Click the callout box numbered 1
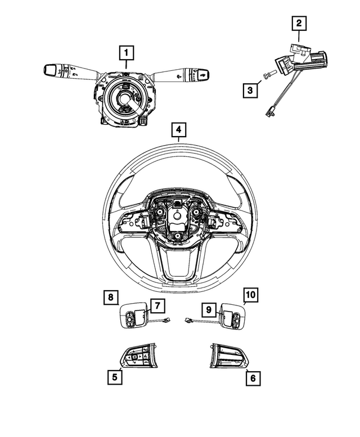click(127, 53)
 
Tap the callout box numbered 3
click(251, 88)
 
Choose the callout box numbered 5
click(114, 377)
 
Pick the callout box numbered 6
click(253, 379)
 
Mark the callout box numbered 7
click(157, 305)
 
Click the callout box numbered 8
click(111, 296)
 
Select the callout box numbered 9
click(208, 309)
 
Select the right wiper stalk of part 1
click(186, 73)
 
